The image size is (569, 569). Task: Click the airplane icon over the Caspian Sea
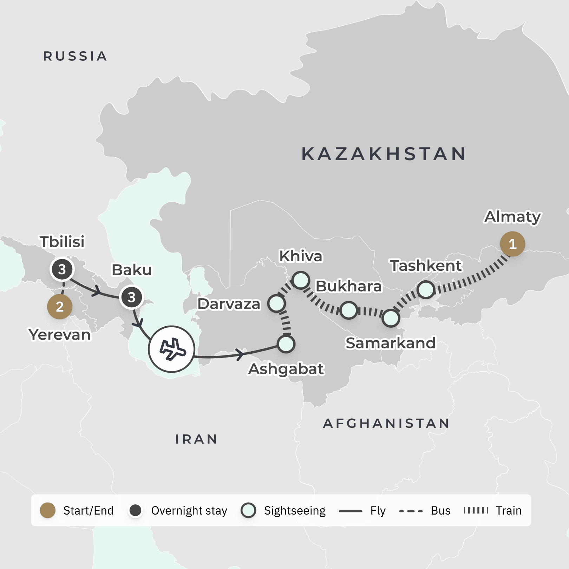[x=171, y=349]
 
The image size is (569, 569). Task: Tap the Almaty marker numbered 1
[x=512, y=244]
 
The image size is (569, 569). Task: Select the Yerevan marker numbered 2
[x=60, y=307]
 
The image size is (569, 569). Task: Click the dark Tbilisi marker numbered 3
[x=62, y=269]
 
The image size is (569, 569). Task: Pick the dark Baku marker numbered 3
[x=131, y=297]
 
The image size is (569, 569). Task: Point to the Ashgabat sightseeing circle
[x=286, y=344]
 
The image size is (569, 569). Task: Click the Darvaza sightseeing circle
[x=276, y=303]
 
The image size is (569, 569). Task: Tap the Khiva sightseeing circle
[x=301, y=280]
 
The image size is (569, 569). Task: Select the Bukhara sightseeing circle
[x=349, y=310]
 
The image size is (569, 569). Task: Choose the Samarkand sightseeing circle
[x=391, y=318]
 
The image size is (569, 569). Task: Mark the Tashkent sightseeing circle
[x=426, y=290]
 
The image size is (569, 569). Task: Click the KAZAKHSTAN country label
[x=384, y=154]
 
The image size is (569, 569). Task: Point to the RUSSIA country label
[x=75, y=56]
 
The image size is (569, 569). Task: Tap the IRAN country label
[x=196, y=439]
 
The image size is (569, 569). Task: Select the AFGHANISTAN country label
[x=386, y=423]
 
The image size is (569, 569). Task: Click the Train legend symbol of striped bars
[x=476, y=510]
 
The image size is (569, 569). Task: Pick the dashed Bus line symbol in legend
[x=411, y=511]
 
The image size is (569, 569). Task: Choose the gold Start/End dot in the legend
[x=48, y=510]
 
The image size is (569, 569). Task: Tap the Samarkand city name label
[x=391, y=343]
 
